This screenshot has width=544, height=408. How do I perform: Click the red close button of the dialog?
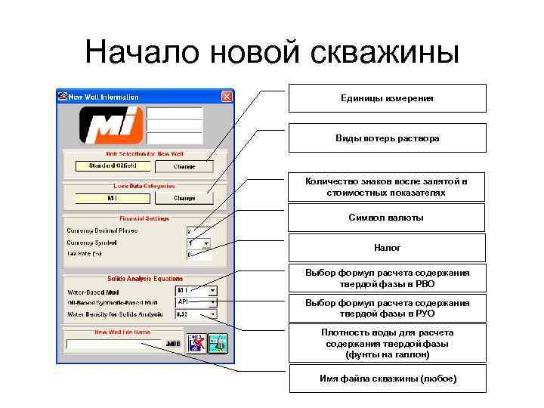tap(226, 97)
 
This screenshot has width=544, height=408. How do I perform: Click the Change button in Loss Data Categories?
tap(184, 199)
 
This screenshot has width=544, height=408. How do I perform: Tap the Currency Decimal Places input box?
tap(199, 230)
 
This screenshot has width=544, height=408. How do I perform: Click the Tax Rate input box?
tap(199, 255)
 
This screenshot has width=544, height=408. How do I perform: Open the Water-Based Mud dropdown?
tap(213, 290)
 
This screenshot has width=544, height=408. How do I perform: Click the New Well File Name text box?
tap(113, 344)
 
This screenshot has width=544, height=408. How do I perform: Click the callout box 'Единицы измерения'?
tap(387, 98)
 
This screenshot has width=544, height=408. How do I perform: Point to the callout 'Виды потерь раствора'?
tap(387, 138)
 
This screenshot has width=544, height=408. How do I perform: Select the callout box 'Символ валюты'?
tap(387, 218)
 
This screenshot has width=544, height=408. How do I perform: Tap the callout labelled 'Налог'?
tap(387, 247)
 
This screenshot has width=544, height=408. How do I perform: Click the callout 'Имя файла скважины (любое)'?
tap(387, 378)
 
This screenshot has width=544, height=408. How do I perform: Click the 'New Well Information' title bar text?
tap(104, 97)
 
